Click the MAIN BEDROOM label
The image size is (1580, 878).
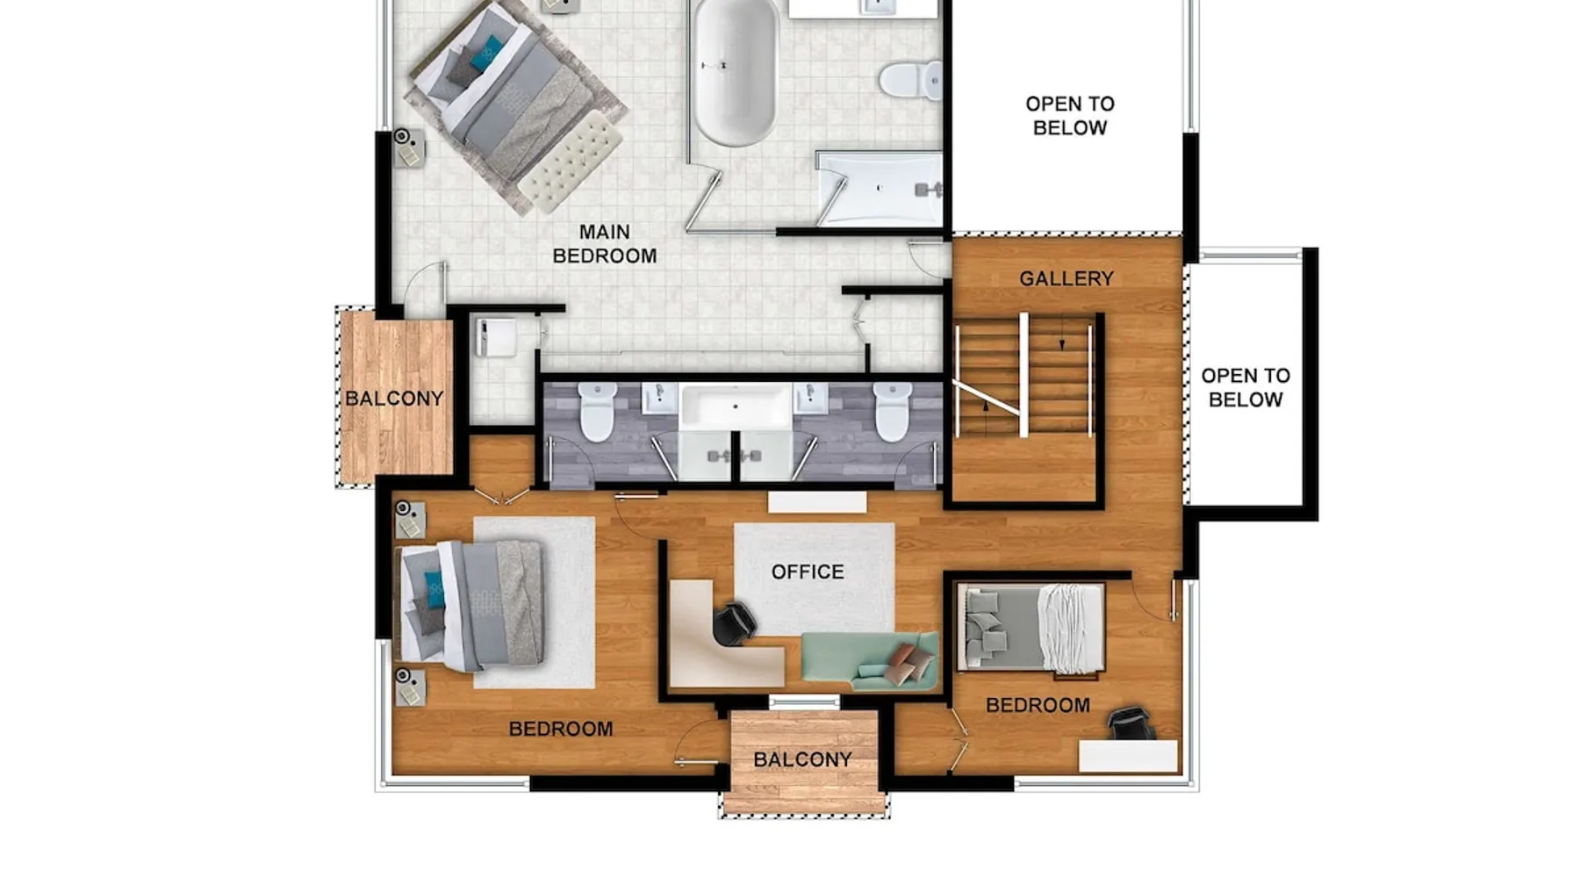[x=605, y=244]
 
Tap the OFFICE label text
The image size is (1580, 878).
[x=808, y=572]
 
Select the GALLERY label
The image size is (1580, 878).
[x=1066, y=279]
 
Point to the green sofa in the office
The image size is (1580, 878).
[x=869, y=659]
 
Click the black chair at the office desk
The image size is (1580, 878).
[x=734, y=623]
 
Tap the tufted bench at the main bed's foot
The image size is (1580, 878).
[x=571, y=162]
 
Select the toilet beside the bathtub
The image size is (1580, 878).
[x=911, y=81]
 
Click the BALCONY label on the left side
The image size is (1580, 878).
[x=394, y=399]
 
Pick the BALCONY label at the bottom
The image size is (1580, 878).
[x=802, y=759]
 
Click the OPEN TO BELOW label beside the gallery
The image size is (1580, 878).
[x=1246, y=387]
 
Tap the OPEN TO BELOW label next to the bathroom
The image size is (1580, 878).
[x=1070, y=115]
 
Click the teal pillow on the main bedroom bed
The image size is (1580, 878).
[x=487, y=54]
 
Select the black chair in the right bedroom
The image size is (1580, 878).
[x=1131, y=723]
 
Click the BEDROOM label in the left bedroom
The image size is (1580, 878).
[x=561, y=729]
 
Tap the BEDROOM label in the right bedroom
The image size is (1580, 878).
[x=1038, y=705]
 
